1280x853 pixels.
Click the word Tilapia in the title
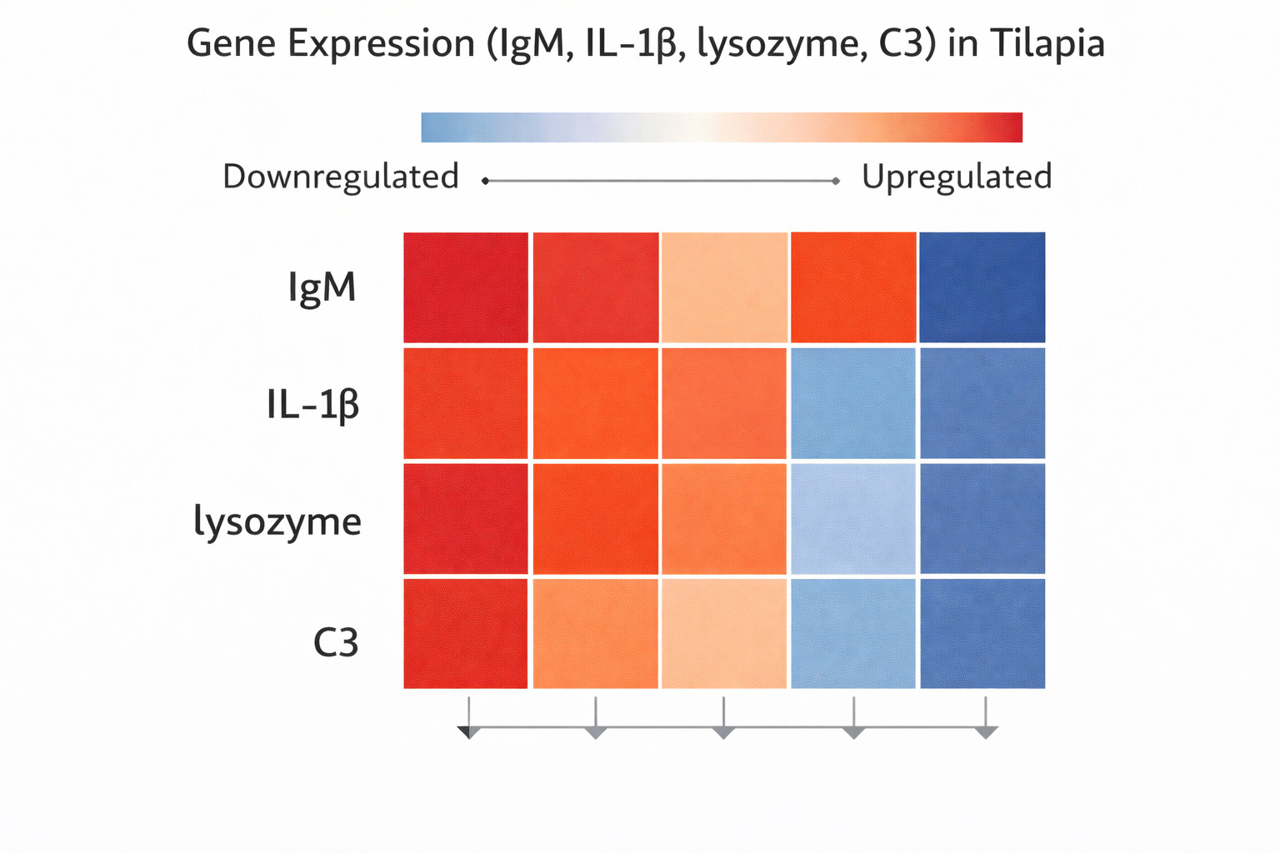click(x=1047, y=43)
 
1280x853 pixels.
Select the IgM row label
click(x=322, y=288)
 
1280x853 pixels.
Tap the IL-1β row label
click(x=312, y=406)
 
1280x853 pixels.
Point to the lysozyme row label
click(x=277, y=521)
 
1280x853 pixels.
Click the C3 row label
click(x=336, y=642)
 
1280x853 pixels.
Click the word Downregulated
click(x=341, y=177)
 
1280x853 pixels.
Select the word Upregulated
click(x=957, y=177)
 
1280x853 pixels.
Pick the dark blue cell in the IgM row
click(x=982, y=287)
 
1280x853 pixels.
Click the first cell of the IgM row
click(x=466, y=287)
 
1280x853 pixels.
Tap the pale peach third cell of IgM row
click(x=723, y=287)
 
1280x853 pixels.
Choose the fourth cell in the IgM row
click(x=852, y=287)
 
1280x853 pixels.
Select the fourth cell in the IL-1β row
click(x=852, y=403)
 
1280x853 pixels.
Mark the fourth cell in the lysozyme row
click(x=852, y=519)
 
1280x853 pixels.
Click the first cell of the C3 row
click(x=466, y=634)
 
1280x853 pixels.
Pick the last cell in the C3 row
click(x=982, y=634)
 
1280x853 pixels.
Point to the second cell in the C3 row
click(x=595, y=634)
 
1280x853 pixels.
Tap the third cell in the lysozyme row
click(x=723, y=519)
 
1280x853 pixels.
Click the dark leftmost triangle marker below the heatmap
click(x=468, y=732)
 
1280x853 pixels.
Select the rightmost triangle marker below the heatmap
click(x=986, y=732)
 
